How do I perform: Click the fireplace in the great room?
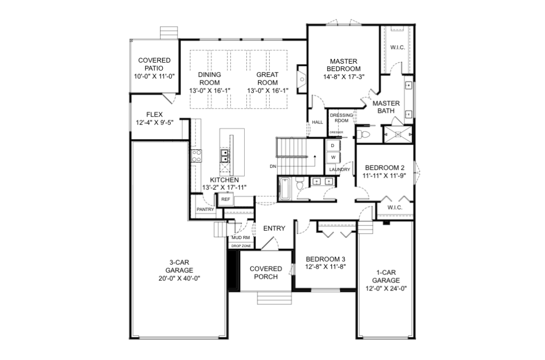coord(302,79)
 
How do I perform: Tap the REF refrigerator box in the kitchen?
coord(225,200)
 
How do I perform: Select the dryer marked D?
coord(333,146)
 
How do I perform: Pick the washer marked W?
coord(333,157)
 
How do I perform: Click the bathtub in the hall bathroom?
coord(285,188)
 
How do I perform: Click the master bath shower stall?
coord(398,134)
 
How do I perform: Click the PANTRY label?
coord(206,209)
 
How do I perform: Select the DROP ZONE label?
coord(241,246)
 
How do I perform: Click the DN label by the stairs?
coord(273,167)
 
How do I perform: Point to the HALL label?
coord(317,122)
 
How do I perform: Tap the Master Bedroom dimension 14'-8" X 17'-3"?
coord(344,76)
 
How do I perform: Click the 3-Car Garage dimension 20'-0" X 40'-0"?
coord(179,278)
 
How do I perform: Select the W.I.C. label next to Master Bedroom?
coord(398,48)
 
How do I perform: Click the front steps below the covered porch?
coord(274,298)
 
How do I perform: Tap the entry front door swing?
coord(270,243)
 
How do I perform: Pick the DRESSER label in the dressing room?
coord(336,132)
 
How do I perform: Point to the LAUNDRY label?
coord(339,170)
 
